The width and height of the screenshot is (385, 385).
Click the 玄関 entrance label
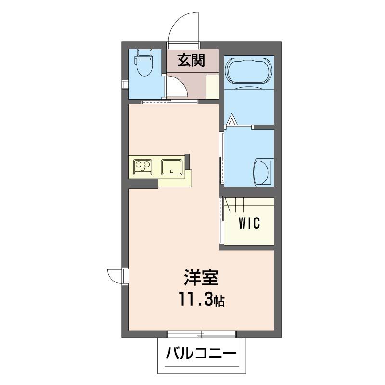(x=192, y=61)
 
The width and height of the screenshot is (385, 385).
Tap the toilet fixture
(x=143, y=65)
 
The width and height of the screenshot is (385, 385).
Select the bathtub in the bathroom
(x=248, y=71)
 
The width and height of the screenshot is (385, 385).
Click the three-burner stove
(x=143, y=167)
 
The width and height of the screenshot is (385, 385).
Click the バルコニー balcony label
(x=202, y=355)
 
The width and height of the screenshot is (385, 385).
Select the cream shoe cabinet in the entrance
(x=212, y=87)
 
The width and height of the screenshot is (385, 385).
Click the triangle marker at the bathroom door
(x=232, y=118)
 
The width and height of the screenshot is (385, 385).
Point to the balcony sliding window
(x=202, y=333)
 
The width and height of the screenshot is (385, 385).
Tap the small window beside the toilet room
(x=125, y=85)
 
